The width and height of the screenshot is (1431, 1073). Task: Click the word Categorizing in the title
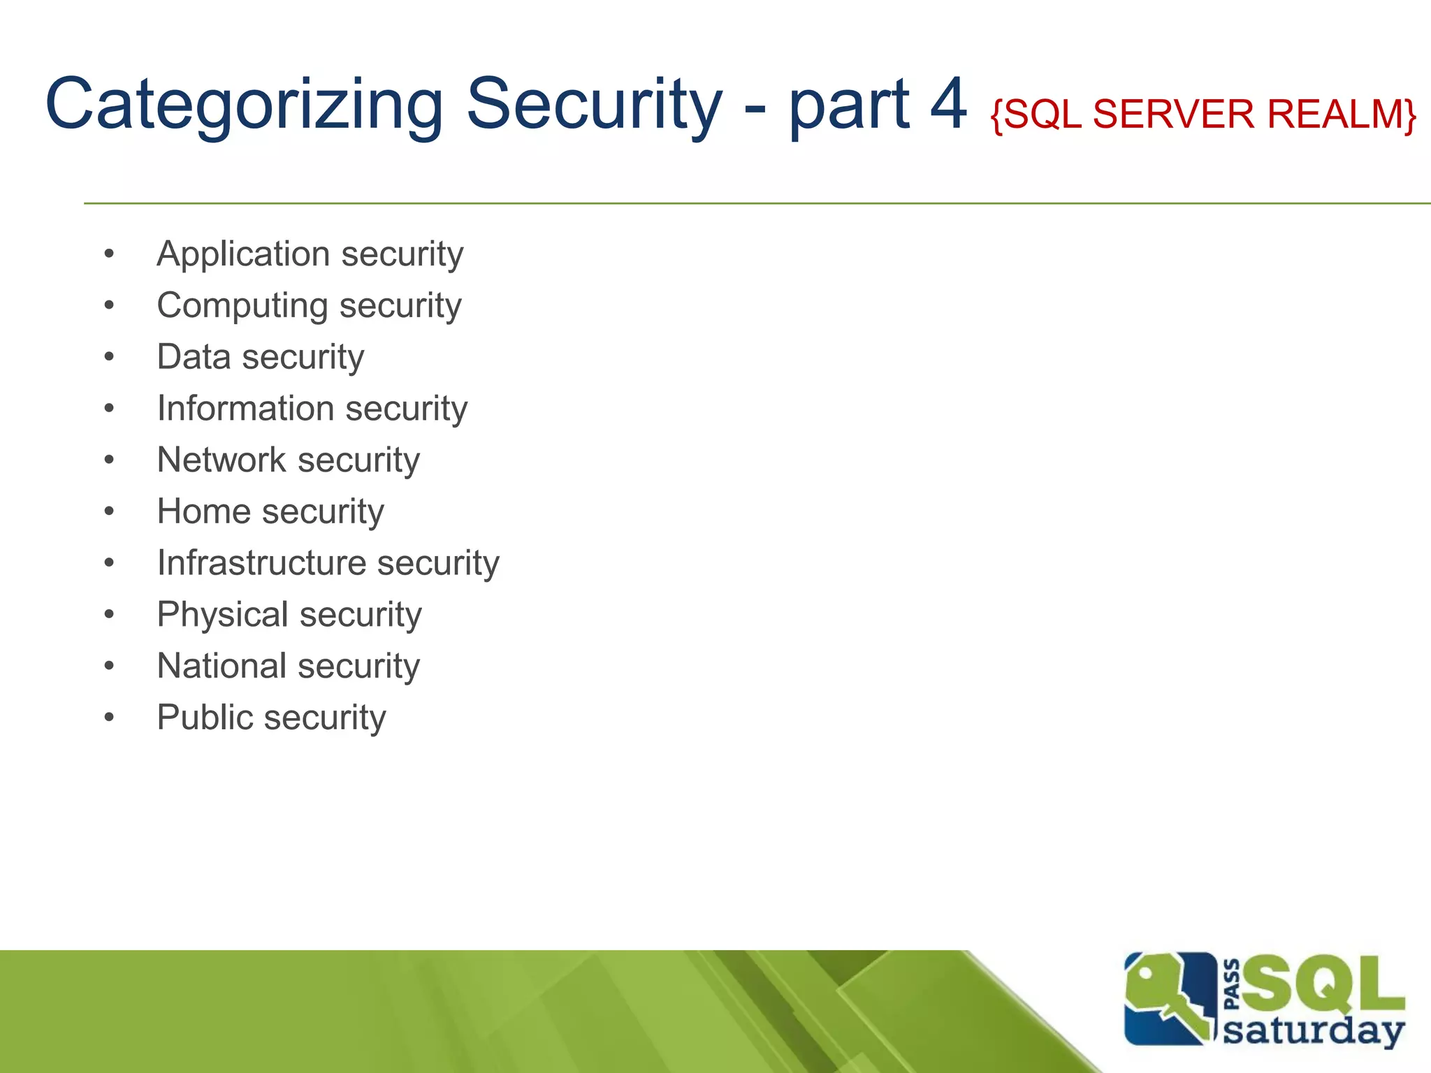coord(245,105)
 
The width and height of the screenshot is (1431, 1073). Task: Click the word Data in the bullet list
coord(194,357)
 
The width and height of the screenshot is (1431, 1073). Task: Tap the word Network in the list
coord(221,460)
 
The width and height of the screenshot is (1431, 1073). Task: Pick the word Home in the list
coord(203,511)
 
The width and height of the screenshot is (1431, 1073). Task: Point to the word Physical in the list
coord(222,615)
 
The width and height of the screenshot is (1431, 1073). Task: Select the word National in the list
coord(221,666)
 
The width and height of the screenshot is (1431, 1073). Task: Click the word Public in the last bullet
coord(204,717)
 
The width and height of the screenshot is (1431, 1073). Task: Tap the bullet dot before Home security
coord(109,512)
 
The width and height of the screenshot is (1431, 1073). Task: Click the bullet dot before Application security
coord(109,254)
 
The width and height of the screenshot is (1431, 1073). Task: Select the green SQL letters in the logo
coord(1321,985)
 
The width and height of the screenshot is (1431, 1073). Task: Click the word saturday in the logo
coord(1314,1030)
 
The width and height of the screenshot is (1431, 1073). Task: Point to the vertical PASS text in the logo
coord(1232,985)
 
